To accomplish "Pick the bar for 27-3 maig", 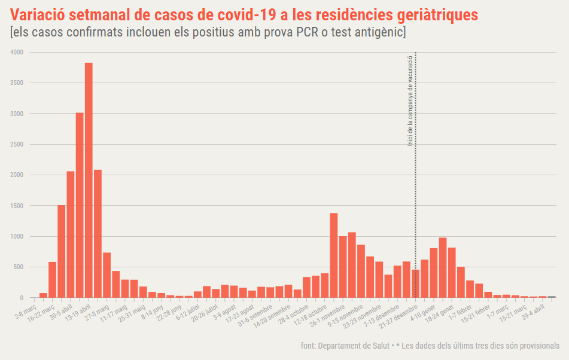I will pos(107,275).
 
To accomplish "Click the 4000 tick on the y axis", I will pos(17,53).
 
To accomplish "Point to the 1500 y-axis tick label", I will pos(17,206).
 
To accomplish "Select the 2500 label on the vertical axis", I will pos(17,144).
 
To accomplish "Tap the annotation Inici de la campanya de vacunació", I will pos(410,100).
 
